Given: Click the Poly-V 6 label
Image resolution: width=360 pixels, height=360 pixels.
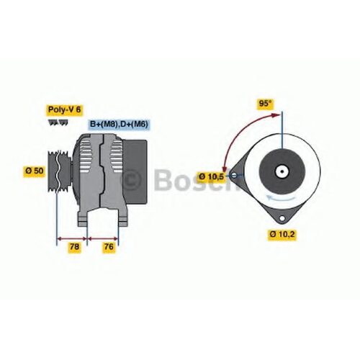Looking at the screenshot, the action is pos(64,110).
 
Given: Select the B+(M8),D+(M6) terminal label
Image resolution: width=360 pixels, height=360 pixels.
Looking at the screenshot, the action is pos(119,124).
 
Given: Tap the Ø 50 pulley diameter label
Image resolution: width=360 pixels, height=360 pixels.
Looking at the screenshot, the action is pos(35,171).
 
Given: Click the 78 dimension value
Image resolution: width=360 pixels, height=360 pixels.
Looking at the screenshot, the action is pos(74,247).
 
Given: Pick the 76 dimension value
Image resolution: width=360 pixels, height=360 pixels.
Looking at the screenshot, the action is pos(108,247).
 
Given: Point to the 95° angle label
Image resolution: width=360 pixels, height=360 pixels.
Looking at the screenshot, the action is pos(265,104).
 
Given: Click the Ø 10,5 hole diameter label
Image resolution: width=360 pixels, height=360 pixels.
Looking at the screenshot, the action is pos(211,177).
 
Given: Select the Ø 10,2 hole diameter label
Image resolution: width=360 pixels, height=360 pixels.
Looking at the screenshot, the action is pos(282,234).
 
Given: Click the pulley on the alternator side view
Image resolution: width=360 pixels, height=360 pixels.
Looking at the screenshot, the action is pos(59,171).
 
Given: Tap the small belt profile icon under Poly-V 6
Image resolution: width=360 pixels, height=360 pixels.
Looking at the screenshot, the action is pos(58,122).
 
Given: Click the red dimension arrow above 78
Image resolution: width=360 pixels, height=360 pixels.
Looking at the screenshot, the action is pos(72,238).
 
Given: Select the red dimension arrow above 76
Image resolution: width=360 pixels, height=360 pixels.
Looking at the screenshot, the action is pos(103,238).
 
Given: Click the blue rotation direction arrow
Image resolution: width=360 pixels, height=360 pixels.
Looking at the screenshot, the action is pos(281,198).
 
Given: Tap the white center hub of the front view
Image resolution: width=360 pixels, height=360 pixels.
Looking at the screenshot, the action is pos(282,171).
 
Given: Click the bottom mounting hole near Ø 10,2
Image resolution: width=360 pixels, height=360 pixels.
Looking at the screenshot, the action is pos(282,218).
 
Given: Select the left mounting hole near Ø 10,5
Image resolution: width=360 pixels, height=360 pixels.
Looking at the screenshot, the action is pos(234,176).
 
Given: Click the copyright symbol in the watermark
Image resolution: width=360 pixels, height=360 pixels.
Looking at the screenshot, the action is pos(131,180).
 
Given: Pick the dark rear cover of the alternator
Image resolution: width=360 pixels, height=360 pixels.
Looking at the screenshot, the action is pos(135,172).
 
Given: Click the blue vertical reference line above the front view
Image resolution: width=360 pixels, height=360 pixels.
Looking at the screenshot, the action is pos(282,130).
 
